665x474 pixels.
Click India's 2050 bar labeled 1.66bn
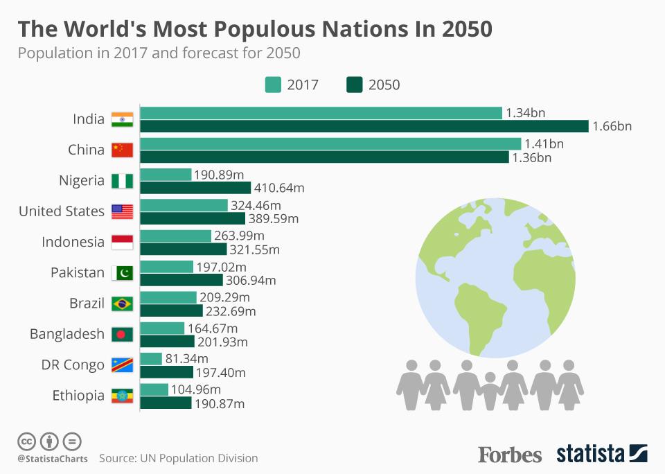pos(364,126)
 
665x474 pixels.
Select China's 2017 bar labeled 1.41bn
pos(330,143)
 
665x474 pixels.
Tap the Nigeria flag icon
pos(122,181)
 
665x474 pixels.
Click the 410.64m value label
pos(279,188)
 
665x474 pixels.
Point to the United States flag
pos(122,211)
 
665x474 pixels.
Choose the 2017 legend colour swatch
pos(273,85)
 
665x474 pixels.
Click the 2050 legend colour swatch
pos(354,85)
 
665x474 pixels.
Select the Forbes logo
pos(510,455)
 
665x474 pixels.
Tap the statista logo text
pos(590,454)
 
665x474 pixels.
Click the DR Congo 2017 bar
pos(150,358)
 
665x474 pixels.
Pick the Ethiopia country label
pos(78,396)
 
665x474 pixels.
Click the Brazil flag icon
pos(122,304)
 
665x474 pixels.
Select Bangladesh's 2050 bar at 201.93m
pos(167,341)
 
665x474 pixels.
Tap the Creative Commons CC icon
pos(26,441)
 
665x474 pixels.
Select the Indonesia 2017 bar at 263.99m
pos(175,236)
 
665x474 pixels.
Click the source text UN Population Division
pos(199,458)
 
